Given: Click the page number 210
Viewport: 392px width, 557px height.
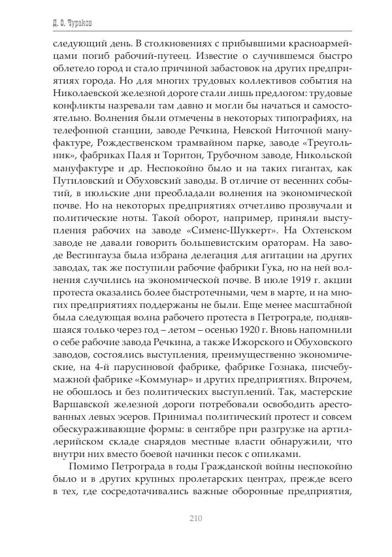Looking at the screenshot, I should (x=195, y=519).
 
